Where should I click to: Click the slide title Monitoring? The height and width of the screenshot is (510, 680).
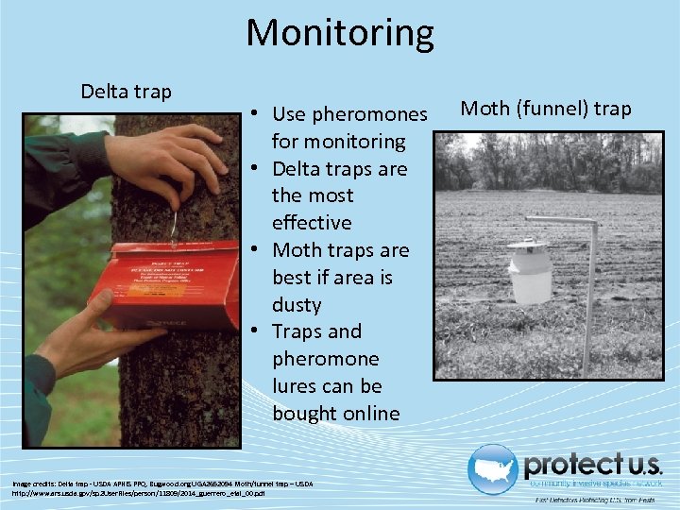click(x=340, y=32)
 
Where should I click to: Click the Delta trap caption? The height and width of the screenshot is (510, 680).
click(x=126, y=92)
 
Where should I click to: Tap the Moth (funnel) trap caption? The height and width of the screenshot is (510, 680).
click(x=545, y=109)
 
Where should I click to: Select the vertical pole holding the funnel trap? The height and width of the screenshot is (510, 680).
click(x=591, y=293)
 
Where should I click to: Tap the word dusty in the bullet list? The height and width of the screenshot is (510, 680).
click(x=297, y=305)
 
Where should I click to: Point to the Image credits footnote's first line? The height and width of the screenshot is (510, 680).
click(x=161, y=484)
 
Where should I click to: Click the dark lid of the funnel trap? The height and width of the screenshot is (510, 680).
click(x=529, y=245)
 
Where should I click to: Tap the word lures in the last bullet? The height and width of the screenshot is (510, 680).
click(x=297, y=386)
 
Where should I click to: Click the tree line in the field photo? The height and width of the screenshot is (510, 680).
click(x=548, y=161)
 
